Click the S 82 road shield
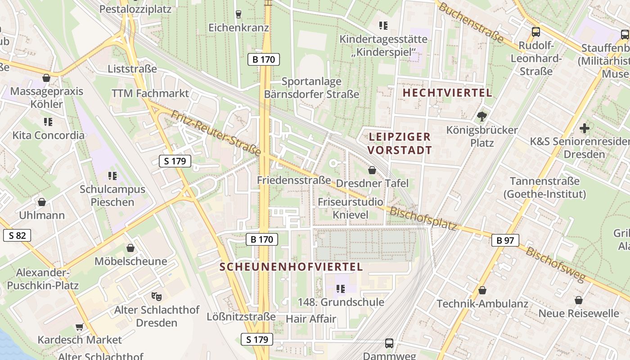point(17,235)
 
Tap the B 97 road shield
point(505,240)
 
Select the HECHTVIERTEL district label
point(447,93)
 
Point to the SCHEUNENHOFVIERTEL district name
point(291,266)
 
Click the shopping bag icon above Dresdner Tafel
point(372,170)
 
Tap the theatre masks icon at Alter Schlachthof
point(156,297)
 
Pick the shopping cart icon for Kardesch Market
point(80,327)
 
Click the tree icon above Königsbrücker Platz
point(482,117)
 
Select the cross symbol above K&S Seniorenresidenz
point(584,128)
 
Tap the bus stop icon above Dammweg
point(389,343)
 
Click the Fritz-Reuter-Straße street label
point(216,134)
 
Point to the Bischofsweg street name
point(556,265)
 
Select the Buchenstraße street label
point(471,22)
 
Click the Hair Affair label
point(311,319)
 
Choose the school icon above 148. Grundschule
point(340,288)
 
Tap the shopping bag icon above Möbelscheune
point(130,248)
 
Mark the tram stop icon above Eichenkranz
point(238,14)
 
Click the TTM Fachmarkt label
point(150,94)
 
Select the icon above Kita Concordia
point(48,121)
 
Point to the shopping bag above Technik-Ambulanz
point(482,290)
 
